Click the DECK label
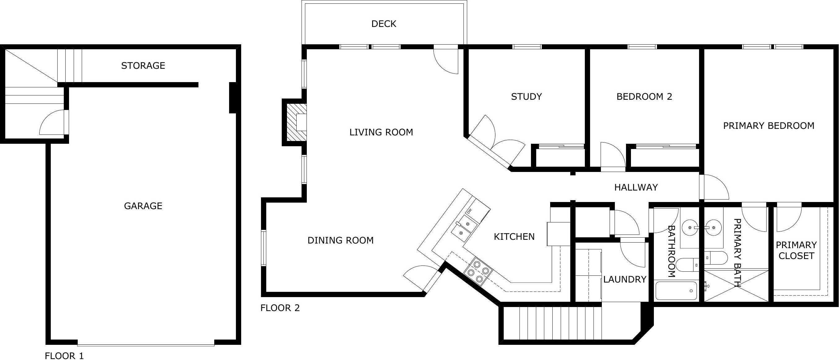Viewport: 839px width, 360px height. coord(384,24)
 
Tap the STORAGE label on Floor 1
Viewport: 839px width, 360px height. coord(143,66)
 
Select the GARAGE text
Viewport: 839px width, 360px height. coord(143,206)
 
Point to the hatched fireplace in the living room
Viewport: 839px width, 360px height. coord(295,122)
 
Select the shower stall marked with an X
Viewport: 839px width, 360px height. coord(736,286)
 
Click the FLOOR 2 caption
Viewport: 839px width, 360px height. coord(280,308)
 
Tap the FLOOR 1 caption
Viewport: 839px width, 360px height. coord(64,356)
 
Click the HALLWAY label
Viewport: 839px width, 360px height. coord(636,187)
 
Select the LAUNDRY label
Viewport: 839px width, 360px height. coord(624,279)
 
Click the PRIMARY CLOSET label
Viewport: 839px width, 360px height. coord(796,251)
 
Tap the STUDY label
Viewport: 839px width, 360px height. coord(526,97)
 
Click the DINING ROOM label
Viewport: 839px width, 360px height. coord(340,240)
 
